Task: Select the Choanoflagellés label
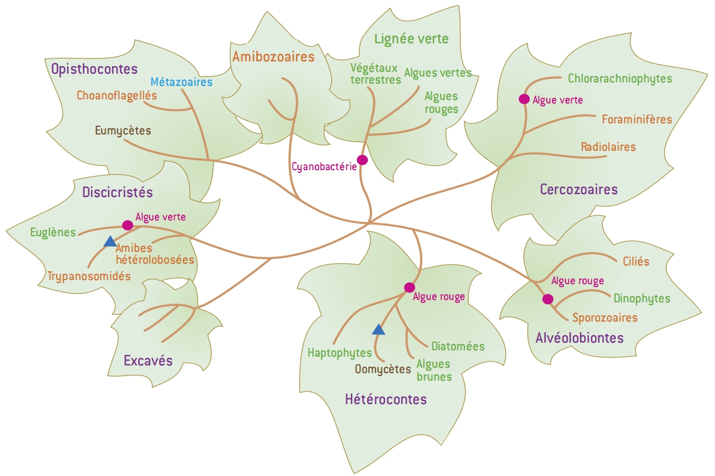click(x=117, y=95)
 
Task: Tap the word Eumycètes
click(x=123, y=130)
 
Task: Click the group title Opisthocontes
click(x=94, y=69)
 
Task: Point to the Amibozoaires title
click(x=273, y=57)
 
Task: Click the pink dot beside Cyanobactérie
click(x=362, y=160)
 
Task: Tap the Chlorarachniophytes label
click(x=620, y=78)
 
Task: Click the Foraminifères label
click(x=637, y=119)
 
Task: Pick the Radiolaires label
click(x=608, y=147)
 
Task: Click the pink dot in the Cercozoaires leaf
click(x=524, y=99)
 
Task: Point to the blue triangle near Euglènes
click(x=110, y=242)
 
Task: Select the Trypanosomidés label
click(x=89, y=276)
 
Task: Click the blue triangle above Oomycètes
click(x=379, y=330)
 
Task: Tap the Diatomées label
click(x=458, y=346)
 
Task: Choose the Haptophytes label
click(x=339, y=353)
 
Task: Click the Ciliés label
click(x=636, y=261)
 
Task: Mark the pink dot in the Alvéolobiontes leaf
click(x=547, y=299)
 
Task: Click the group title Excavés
click(x=148, y=360)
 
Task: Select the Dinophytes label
click(x=641, y=298)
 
